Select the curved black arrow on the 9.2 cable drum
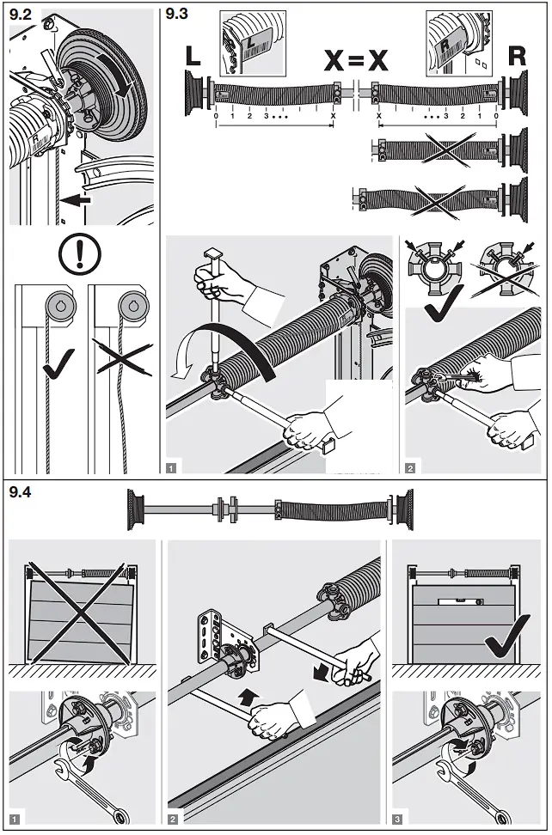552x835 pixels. (120, 76)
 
